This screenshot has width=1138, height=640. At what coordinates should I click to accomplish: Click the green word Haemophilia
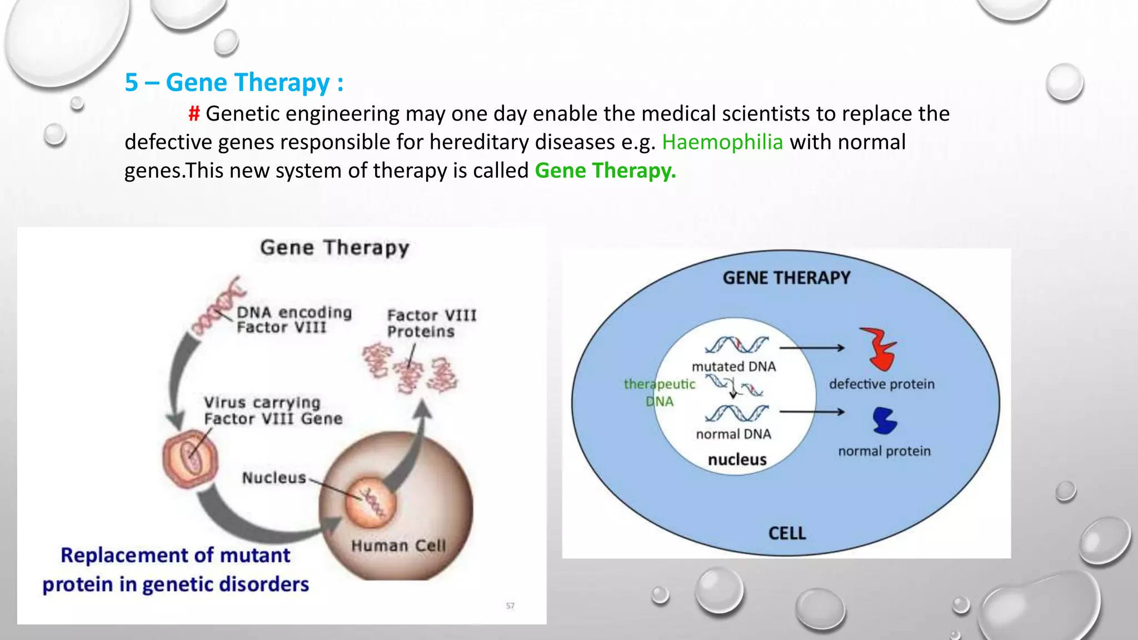coord(722,142)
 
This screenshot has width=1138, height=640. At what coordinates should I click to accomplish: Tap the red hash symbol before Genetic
coord(194,114)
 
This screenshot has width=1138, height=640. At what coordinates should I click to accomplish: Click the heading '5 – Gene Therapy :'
coord(234,83)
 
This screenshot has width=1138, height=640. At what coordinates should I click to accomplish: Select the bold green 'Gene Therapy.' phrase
coord(605,171)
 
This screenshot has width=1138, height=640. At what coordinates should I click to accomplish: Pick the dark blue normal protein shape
coord(885,421)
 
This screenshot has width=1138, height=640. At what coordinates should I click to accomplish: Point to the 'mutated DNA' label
coord(733,367)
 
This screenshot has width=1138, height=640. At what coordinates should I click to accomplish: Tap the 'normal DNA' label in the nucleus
coord(733,434)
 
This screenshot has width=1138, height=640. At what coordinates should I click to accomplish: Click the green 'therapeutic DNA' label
coord(660,393)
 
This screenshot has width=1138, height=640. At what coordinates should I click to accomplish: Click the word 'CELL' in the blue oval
coord(787,533)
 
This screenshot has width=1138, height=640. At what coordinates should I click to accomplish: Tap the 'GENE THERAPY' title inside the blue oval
coord(786,278)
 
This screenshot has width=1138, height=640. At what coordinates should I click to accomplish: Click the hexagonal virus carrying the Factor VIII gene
coord(190,459)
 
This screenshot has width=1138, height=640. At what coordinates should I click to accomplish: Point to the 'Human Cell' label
coord(398,546)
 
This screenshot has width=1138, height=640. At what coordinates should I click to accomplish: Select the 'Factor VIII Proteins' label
coord(431,323)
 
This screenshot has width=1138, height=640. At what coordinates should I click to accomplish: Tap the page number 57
coord(510,606)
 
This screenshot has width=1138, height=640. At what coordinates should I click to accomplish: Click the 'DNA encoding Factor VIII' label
coord(294,320)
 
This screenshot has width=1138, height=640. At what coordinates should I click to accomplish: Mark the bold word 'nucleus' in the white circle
coord(737,460)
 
